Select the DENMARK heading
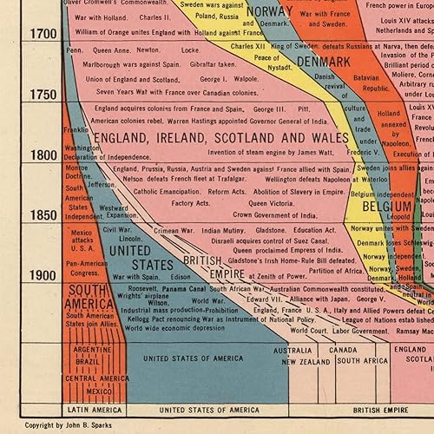(x=323, y=62)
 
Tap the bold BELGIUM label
(x=386, y=208)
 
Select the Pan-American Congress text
(x=85, y=267)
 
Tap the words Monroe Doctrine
(x=77, y=167)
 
